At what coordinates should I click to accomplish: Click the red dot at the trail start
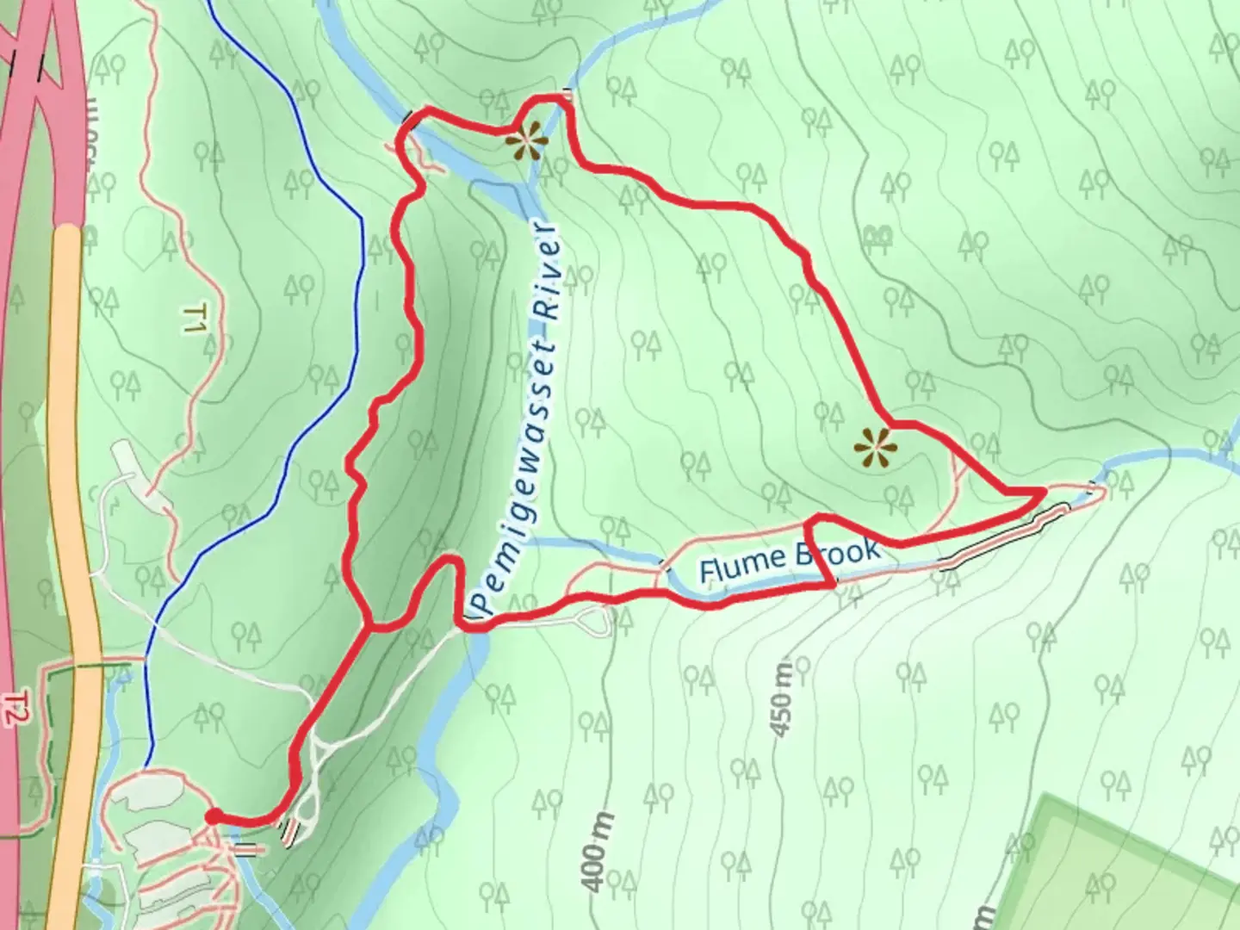coord(212,816)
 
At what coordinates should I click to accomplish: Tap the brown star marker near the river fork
coord(525,139)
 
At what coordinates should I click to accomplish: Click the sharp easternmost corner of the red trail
coord(1043,491)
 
